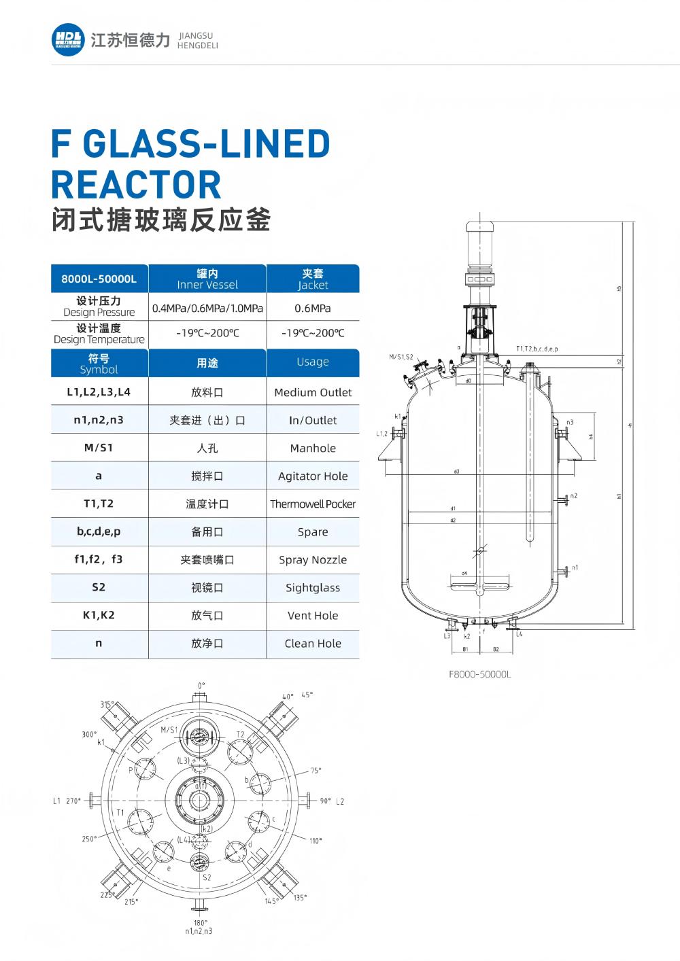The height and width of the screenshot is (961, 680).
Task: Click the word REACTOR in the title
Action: [x=137, y=184]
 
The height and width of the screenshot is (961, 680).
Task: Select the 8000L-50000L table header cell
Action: [x=99, y=279]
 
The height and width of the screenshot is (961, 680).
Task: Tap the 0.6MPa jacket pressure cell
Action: [x=313, y=308]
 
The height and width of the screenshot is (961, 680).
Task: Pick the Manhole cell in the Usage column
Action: [x=313, y=448]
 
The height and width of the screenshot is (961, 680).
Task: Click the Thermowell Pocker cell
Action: [x=313, y=504]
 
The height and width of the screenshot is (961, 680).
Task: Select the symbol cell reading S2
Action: [x=99, y=587]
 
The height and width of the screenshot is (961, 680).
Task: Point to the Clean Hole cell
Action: [x=313, y=643]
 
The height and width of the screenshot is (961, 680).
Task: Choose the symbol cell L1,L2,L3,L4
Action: [x=99, y=392]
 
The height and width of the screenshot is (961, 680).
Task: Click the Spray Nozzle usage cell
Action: [x=313, y=559]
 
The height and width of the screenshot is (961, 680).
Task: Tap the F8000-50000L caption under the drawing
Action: [x=480, y=674]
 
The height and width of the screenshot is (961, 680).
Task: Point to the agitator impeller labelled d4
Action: [x=479, y=583]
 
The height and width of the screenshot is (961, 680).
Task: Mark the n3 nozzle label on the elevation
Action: [x=570, y=422]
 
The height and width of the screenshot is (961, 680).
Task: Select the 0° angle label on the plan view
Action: [x=201, y=686]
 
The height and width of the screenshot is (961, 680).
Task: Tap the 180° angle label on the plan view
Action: [x=200, y=922]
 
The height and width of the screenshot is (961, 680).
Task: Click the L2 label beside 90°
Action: [x=340, y=801]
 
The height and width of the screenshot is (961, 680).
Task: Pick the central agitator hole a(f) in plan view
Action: [x=200, y=799]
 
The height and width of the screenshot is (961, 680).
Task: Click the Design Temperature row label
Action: [x=99, y=334]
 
